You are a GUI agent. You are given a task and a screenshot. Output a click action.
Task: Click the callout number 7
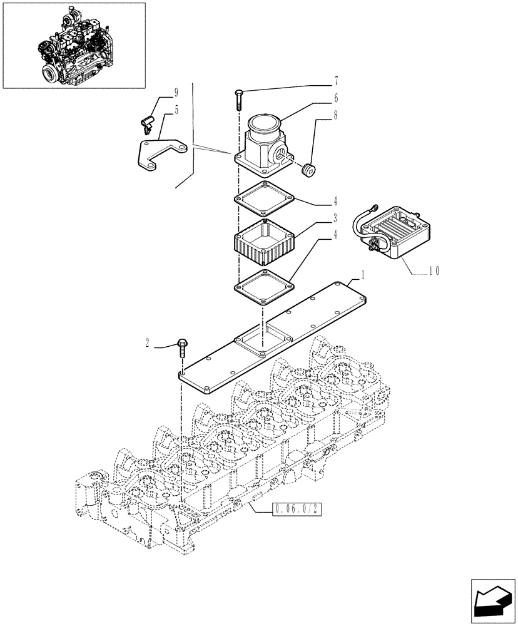tap(336, 81)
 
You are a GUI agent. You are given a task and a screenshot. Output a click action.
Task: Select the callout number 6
tap(336, 98)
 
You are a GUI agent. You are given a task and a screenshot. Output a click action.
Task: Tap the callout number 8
tap(336, 115)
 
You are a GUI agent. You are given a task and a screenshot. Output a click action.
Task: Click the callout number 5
tap(176, 111)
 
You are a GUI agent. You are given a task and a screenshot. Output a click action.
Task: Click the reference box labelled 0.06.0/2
tap(297, 510)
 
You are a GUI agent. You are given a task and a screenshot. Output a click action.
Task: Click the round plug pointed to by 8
tap(308, 170)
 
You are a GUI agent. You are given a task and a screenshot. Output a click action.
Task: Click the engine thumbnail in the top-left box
tap(74, 45)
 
